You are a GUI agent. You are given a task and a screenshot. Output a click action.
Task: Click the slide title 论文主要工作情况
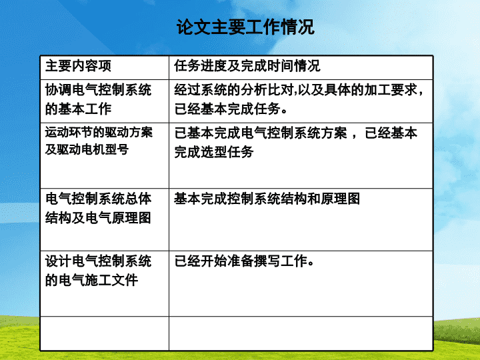245,27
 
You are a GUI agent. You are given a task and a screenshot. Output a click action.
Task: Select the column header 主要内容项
78,66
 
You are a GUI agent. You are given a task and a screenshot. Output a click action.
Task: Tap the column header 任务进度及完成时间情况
247,66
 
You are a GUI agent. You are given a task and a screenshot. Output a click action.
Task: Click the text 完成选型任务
214,152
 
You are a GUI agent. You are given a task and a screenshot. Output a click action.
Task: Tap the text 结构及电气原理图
98,218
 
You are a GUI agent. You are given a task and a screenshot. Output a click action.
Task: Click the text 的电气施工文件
91,280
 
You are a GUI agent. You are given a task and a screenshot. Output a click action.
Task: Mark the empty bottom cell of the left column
105,333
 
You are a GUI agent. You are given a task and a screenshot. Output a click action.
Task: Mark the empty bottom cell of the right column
301,333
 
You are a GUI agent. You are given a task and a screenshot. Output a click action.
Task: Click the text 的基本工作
78,109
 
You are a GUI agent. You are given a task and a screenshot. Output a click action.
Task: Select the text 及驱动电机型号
87,149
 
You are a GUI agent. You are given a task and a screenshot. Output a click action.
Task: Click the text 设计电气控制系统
98,261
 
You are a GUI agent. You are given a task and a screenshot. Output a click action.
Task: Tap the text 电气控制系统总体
98,199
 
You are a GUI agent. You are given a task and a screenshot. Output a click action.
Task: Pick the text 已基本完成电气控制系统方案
261,133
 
